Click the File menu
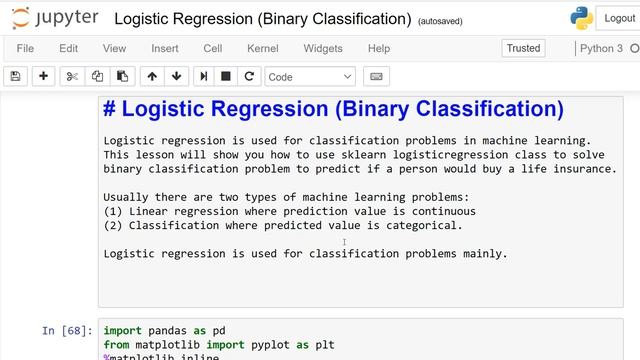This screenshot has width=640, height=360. tap(25, 48)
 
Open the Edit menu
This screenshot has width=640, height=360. tap(68, 48)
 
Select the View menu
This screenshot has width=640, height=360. tap(114, 48)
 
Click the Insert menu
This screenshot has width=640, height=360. tap(165, 48)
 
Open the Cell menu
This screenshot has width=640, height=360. tap(212, 48)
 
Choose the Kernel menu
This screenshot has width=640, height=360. tap(263, 48)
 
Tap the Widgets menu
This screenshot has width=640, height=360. tap(322, 48)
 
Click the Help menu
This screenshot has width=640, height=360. tap(378, 48)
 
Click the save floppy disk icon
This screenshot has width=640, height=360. tap(15, 76)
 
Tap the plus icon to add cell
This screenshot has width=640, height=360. tap(43, 76)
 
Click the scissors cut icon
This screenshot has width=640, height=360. tap(72, 76)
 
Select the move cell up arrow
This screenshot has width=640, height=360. tap(152, 76)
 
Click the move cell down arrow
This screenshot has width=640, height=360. tap(177, 76)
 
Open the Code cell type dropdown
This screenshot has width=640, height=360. tap(310, 76)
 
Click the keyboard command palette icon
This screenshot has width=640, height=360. tap(377, 76)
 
